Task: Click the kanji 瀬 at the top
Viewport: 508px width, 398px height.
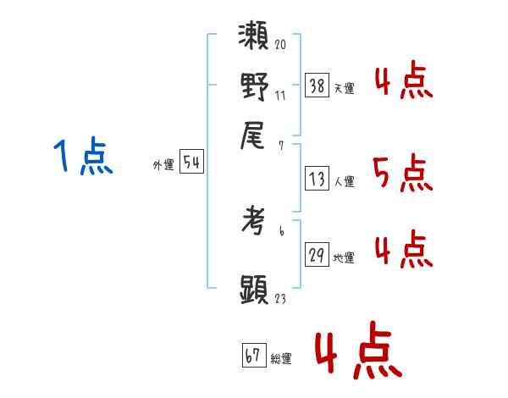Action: click(255, 37)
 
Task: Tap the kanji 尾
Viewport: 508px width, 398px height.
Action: click(255, 134)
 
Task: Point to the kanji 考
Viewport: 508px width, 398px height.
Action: click(255, 222)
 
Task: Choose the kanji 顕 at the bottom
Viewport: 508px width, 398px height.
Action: click(255, 290)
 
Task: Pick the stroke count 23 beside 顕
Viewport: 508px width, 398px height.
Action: click(280, 299)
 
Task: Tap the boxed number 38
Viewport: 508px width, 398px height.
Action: click(316, 86)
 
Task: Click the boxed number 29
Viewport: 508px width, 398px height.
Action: click(316, 256)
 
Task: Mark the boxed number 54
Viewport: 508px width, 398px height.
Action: click(191, 163)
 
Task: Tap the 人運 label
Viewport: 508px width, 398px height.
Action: click(344, 181)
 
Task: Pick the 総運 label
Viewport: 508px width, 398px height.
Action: click(281, 358)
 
